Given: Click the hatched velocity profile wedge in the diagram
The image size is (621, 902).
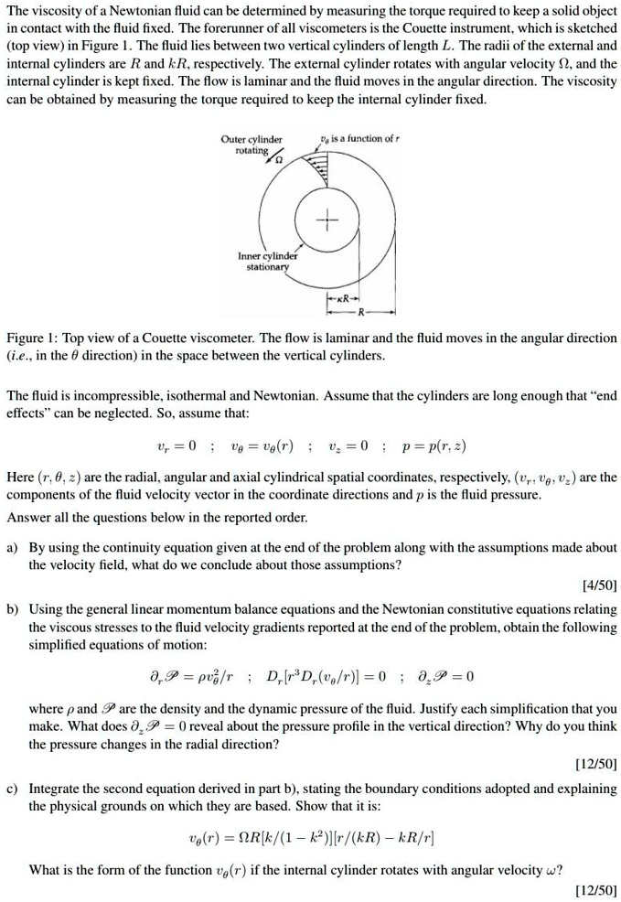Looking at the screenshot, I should [319, 165].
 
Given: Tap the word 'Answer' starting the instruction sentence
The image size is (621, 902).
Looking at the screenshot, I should [28, 517].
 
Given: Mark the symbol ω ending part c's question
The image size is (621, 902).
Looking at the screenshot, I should [555, 869].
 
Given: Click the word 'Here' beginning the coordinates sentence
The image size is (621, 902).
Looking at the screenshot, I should [20, 478].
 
